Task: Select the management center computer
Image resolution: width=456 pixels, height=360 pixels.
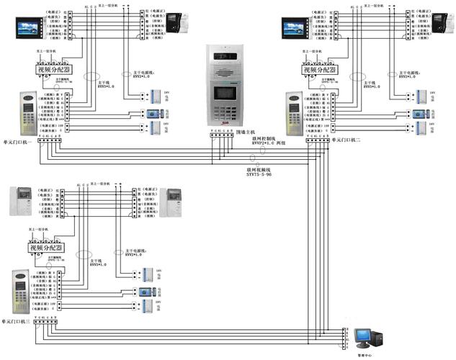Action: (x=371, y=338)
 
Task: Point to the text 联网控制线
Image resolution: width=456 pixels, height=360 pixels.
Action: (x=262, y=148)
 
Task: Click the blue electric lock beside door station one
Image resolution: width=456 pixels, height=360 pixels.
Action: (x=153, y=113)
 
